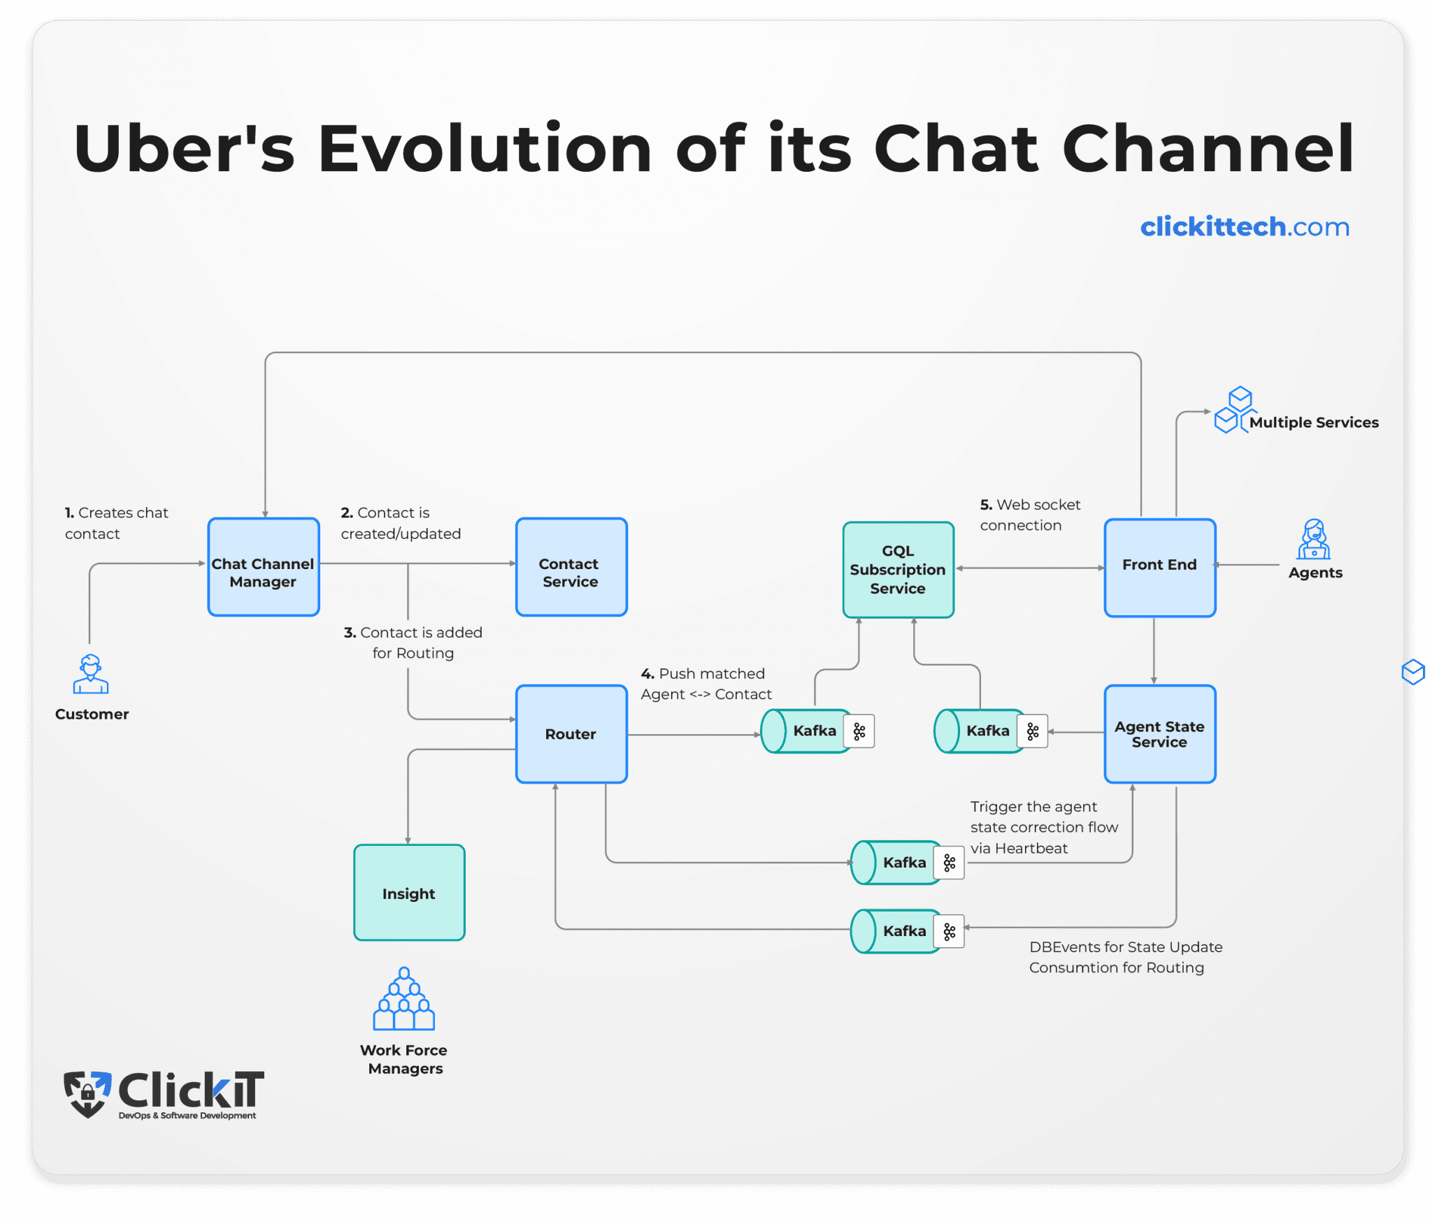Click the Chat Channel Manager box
click(264, 567)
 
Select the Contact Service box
click(571, 567)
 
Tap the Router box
click(571, 734)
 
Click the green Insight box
click(409, 893)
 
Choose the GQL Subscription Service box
click(898, 570)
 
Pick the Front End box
click(1159, 568)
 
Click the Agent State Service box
click(1159, 734)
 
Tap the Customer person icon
click(91, 674)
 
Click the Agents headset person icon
click(1314, 540)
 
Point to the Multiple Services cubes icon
click(1234, 410)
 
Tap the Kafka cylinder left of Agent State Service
click(980, 731)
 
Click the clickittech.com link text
click(1245, 227)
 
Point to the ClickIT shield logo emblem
click(87, 1093)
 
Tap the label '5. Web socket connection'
click(1029, 515)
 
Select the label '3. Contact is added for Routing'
click(413, 642)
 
